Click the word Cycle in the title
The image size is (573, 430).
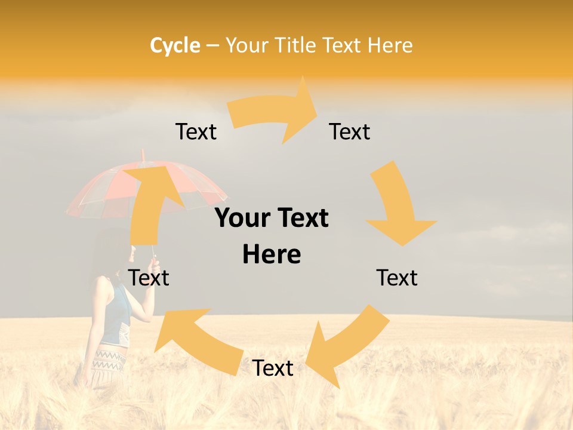(x=175, y=45)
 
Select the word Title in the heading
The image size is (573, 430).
(x=295, y=45)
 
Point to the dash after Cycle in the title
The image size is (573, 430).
(x=212, y=46)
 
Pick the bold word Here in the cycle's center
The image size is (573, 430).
(x=272, y=254)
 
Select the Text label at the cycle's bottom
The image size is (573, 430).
(x=273, y=368)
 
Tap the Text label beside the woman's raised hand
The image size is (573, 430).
(x=149, y=278)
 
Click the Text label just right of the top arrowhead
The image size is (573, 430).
(x=350, y=131)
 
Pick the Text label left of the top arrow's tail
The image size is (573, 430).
(x=196, y=131)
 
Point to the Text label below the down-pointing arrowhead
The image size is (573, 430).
(x=397, y=278)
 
